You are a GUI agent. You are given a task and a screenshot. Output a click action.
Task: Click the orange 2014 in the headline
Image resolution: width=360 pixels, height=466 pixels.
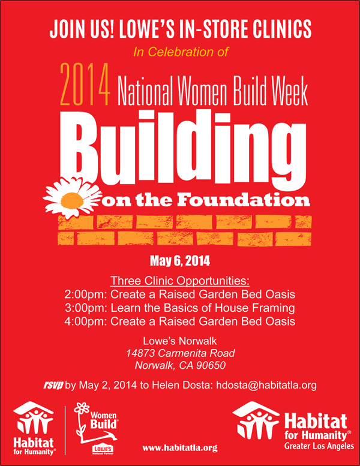pyautogui.click(x=85, y=85)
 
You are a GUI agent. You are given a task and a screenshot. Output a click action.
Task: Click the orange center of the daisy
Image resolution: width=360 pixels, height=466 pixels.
pyautogui.click(x=72, y=200)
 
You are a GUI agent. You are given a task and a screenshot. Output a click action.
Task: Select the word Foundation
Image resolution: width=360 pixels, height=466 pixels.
pyautogui.click(x=244, y=200)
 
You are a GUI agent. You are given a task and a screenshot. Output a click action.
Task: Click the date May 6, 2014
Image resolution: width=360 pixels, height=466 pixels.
pyautogui.click(x=180, y=261)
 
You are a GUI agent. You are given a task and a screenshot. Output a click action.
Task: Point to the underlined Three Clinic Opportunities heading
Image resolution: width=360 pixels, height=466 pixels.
pyautogui.click(x=180, y=281)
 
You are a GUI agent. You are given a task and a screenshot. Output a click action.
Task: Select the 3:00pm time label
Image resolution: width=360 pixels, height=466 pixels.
pyautogui.click(x=86, y=308)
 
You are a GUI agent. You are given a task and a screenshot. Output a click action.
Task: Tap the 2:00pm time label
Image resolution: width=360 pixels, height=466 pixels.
pyautogui.click(x=86, y=294)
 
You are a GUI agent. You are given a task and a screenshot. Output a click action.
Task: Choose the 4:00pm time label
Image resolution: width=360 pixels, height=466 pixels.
pyautogui.click(x=86, y=321)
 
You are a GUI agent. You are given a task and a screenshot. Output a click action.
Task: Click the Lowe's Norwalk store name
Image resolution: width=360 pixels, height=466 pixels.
pyautogui.click(x=180, y=341)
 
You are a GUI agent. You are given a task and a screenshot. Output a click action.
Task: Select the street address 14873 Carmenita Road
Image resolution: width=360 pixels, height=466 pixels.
pyautogui.click(x=180, y=353)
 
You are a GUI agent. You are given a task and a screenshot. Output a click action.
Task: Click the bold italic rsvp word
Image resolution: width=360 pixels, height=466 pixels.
pyautogui.click(x=53, y=386)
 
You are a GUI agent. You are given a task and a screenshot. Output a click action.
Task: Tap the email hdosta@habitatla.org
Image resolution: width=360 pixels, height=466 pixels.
pyautogui.click(x=266, y=385)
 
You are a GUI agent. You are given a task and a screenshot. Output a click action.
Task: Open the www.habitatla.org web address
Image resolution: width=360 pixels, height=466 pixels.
pyautogui.click(x=180, y=448)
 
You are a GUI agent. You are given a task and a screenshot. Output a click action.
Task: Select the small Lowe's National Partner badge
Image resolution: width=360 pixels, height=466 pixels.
pyautogui.click(x=103, y=449)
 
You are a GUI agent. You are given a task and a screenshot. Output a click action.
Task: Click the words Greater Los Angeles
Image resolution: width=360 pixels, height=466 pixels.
pyautogui.click(x=319, y=446)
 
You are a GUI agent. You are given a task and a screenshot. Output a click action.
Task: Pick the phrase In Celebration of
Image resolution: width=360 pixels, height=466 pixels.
pyautogui.click(x=181, y=52)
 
